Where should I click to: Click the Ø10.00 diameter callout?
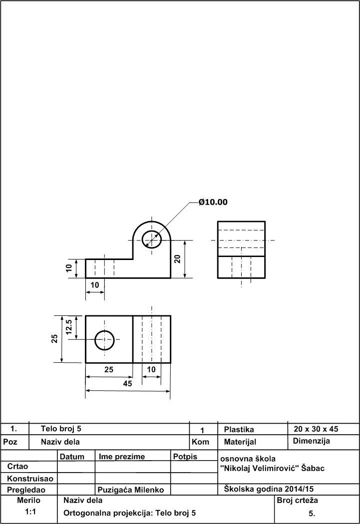coord(213,202)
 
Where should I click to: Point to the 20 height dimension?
coord(177,259)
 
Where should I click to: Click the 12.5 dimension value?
coord(69,327)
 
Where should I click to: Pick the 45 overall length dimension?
coord(127,384)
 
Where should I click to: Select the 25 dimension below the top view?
coord(109,370)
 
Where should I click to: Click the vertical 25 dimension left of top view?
coord(55,338)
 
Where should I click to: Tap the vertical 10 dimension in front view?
coord(69,268)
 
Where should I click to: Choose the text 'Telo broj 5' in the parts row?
coord(61,429)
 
